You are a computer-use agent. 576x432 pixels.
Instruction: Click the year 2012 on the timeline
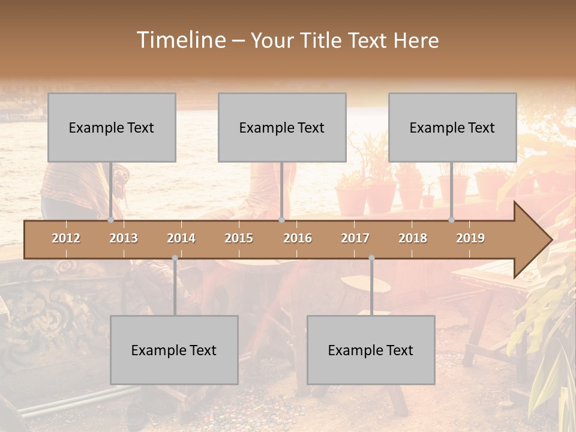[66, 238]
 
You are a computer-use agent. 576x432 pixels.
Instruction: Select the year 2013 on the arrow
[124, 238]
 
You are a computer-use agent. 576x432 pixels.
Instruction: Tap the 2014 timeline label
[181, 238]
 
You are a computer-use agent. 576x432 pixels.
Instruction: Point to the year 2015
[239, 238]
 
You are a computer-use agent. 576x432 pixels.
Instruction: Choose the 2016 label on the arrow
[298, 238]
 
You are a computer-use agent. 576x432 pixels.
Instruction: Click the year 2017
[355, 238]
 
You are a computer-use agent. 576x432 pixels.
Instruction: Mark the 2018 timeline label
[413, 238]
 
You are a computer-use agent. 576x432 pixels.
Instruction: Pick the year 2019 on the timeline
[470, 238]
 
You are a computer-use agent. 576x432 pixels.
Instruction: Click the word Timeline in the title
[180, 40]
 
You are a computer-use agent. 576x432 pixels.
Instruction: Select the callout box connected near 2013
[112, 127]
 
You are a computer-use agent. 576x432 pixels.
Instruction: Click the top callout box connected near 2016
[282, 127]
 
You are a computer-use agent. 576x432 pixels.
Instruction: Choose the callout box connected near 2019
[452, 127]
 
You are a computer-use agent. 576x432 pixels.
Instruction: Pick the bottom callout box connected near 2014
[174, 350]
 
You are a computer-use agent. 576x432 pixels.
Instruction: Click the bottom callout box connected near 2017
[371, 350]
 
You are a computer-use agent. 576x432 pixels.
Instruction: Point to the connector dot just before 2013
[110, 220]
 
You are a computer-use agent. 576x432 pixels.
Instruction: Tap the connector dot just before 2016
[281, 220]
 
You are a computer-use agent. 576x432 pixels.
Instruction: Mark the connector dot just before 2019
[452, 220]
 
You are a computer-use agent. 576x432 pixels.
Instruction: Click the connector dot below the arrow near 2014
[175, 258]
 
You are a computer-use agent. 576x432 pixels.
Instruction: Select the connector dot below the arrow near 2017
[371, 258]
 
